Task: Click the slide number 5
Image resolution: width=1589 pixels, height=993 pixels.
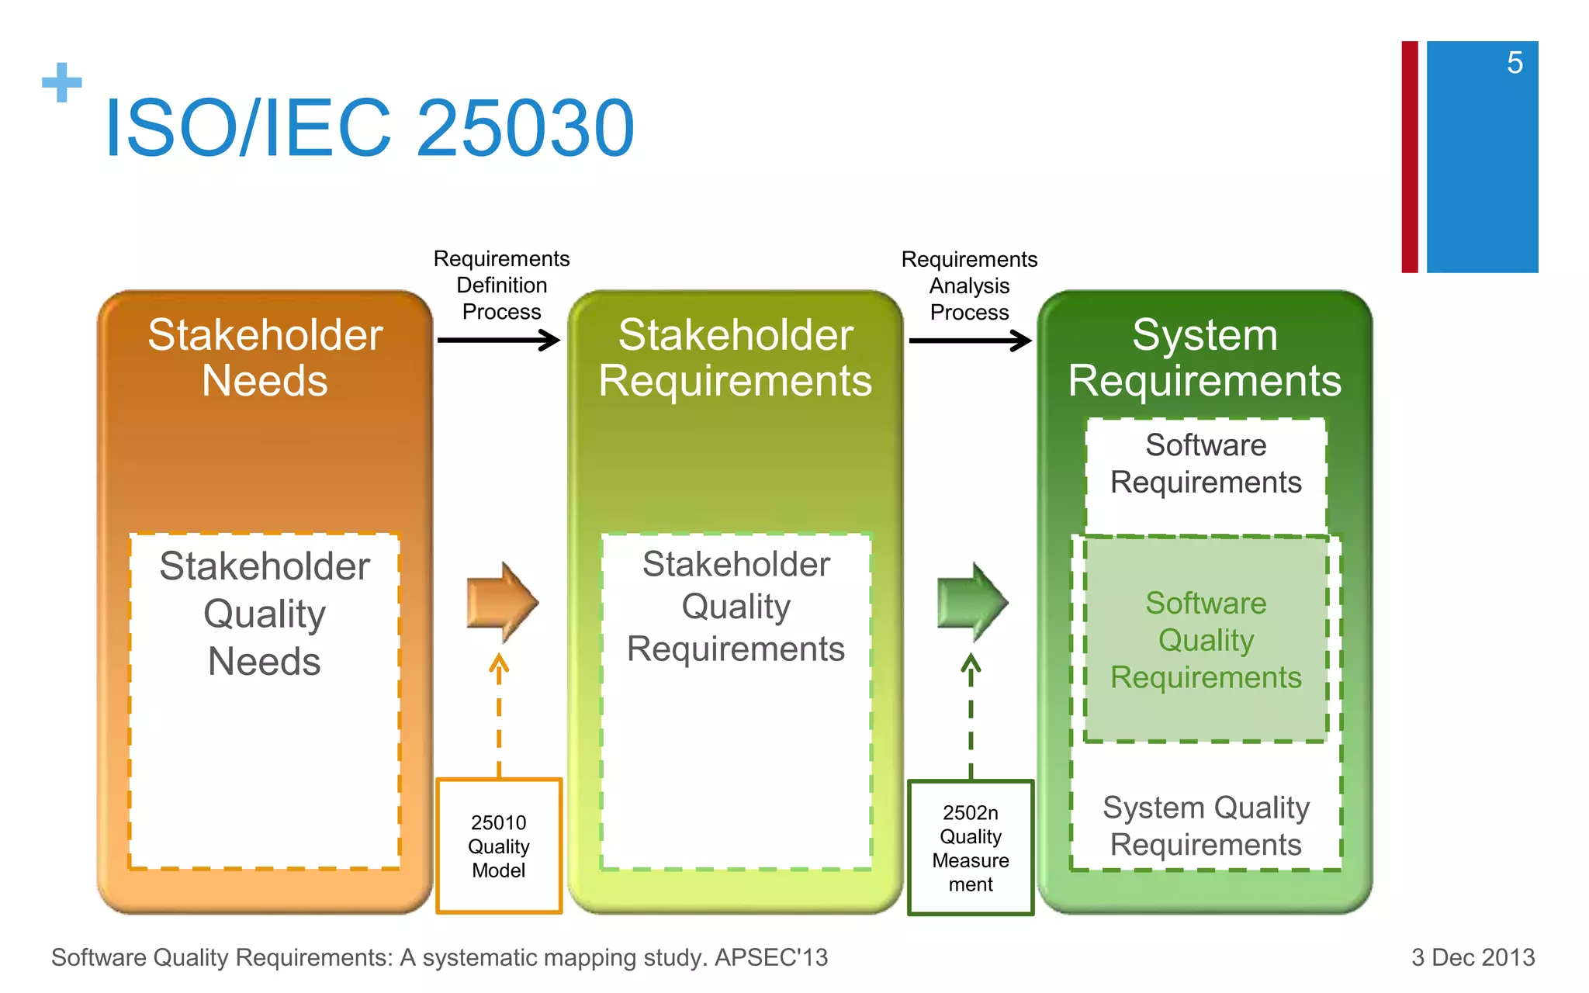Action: click(x=1515, y=63)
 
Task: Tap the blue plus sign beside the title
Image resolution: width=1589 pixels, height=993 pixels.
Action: click(x=62, y=83)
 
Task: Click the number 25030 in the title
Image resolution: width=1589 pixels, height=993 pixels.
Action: click(x=526, y=128)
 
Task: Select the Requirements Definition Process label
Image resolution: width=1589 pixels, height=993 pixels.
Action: click(x=501, y=285)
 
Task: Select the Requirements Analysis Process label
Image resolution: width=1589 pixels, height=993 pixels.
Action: click(x=969, y=285)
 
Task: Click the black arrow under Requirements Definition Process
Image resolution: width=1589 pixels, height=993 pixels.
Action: click(x=499, y=340)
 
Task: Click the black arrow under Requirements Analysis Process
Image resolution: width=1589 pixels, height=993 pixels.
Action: click(x=970, y=341)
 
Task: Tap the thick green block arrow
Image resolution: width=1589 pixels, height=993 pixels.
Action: click(x=972, y=602)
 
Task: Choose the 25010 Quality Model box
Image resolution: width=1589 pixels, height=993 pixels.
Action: click(x=499, y=846)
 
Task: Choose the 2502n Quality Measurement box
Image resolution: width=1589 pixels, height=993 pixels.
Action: click(x=971, y=848)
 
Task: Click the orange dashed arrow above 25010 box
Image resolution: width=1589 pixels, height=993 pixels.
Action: click(x=499, y=714)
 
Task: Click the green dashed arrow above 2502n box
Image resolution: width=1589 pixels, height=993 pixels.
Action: click(x=971, y=714)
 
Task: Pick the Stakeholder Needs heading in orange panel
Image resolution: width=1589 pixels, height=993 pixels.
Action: click(x=265, y=358)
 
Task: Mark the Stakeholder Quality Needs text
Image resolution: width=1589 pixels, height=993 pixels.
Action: click(x=265, y=614)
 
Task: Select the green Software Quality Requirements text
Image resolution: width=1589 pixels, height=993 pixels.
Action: click(x=1206, y=640)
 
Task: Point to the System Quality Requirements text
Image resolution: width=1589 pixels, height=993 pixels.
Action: click(x=1206, y=826)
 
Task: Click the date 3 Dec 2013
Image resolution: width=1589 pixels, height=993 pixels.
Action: click(x=1473, y=957)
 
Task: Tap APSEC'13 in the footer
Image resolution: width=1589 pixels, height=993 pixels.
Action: click(x=771, y=957)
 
